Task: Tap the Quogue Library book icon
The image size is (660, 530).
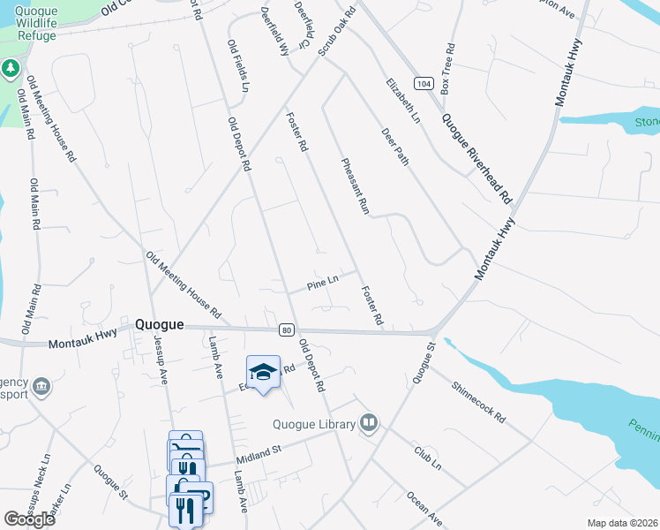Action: click(369, 425)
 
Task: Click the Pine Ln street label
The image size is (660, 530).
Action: click(323, 284)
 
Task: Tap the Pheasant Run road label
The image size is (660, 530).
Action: click(355, 186)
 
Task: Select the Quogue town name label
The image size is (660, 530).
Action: click(160, 324)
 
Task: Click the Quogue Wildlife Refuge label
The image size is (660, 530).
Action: click(49, 24)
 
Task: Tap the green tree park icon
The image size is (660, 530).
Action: click(11, 68)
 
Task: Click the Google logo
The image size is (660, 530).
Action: click(29, 519)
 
